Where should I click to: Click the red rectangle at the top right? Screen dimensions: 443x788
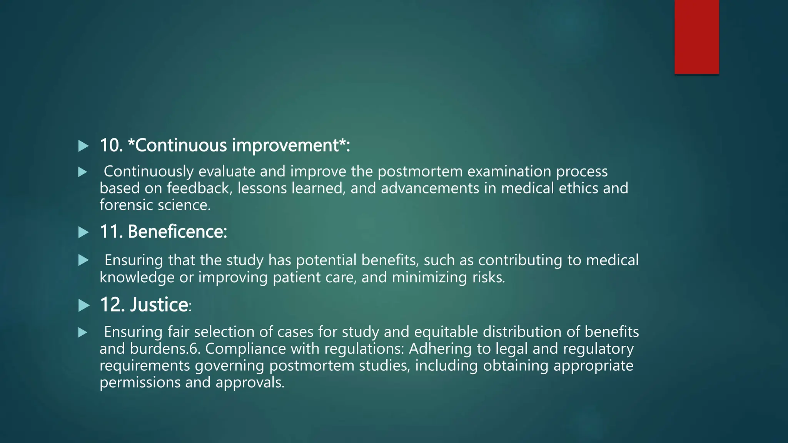click(x=696, y=37)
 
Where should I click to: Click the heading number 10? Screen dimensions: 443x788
click(x=111, y=146)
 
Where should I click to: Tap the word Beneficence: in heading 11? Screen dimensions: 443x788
click(x=177, y=232)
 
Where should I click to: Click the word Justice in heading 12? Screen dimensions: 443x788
click(x=159, y=305)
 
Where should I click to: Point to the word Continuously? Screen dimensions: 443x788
click(x=149, y=172)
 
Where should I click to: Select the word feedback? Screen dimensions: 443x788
click(x=199, y=188)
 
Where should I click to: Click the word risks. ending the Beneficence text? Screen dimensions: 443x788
click(x=488, y=278)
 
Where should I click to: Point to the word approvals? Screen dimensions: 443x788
click(x=250, y=383)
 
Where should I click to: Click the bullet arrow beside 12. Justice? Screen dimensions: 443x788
click(x=83, y=306)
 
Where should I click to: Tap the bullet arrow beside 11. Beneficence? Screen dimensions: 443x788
click(x=83, y=232)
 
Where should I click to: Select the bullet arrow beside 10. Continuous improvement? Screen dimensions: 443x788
click(x=83, y=146)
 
